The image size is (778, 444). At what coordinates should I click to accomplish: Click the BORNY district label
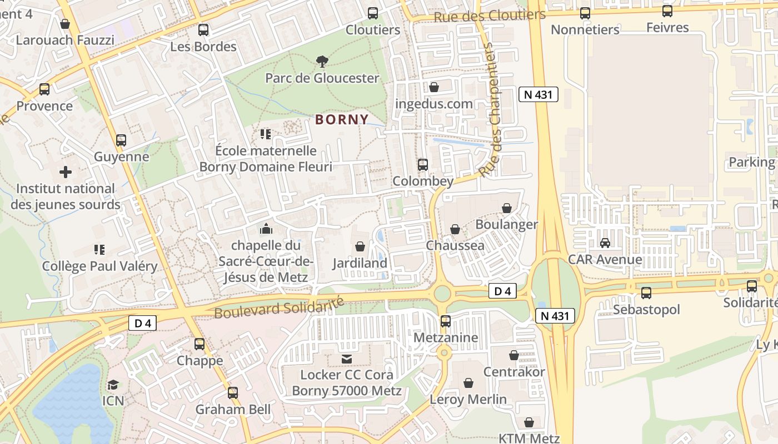point(342,119)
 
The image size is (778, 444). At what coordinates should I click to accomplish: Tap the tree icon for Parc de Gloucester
point(321,61)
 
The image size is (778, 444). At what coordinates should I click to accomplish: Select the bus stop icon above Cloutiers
point(373,13)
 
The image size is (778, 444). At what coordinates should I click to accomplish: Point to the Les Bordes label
point(203,47)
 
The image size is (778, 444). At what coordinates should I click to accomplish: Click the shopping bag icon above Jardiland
point(360,246)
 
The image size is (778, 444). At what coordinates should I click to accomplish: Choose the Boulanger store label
point(507,224)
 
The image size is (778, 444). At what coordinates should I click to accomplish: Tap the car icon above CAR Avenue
point(605,243)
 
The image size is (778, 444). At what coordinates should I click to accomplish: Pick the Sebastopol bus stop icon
point(646,292)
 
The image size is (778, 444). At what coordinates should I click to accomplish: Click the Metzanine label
point(446,337)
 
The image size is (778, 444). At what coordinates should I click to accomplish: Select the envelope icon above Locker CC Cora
point(347,359)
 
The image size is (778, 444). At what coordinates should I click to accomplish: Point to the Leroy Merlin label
point(468,399)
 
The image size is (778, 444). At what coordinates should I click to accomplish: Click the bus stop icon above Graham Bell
point(233,393)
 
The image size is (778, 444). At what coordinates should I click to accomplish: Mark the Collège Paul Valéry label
point(100,266)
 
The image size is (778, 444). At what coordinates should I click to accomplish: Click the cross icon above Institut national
point(66,172)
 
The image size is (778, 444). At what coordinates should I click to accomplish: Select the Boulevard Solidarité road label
point(279,307)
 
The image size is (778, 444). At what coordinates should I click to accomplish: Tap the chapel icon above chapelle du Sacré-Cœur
point(266,229)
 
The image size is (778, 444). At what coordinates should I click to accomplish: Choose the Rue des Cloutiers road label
point(489,16)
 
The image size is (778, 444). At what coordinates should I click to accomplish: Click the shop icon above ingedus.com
point(434,87)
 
